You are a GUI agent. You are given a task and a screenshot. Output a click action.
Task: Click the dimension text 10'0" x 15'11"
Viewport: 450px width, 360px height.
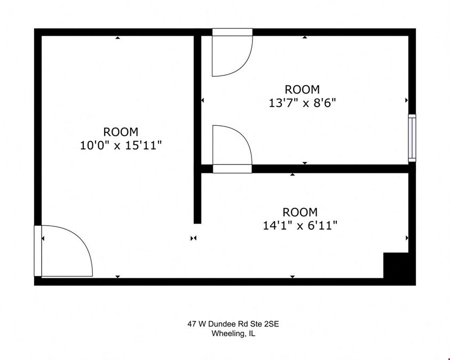(x=121, y=145)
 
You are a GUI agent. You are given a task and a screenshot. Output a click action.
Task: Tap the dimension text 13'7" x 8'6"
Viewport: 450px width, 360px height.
(x=302, y=102)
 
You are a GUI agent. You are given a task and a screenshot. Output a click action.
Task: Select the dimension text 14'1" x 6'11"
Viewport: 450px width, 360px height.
(x=300, y=225)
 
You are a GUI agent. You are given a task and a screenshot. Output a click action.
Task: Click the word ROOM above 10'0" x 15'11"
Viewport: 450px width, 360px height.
(x=121, y=132)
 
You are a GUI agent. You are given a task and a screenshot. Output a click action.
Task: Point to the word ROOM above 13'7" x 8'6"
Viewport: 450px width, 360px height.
(x=302, y=90)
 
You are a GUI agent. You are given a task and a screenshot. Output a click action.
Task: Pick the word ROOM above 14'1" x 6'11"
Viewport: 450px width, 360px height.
(x=300, y=212)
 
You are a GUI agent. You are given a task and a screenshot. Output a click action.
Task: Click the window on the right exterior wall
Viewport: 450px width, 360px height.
(x=412, y=138)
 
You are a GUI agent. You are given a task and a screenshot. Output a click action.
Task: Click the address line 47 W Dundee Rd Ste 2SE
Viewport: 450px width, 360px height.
(x=233, y=324)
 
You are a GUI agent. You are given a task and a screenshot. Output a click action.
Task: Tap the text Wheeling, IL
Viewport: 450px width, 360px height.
(x=233, y=334)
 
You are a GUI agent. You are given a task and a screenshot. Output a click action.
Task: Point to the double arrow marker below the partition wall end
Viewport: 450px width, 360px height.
(x=193, y=238)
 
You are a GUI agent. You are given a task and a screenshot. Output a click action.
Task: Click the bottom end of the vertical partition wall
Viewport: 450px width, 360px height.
(x=198, y=223)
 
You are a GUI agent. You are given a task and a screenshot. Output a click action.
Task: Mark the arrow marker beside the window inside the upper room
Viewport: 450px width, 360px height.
(x=406, y=100)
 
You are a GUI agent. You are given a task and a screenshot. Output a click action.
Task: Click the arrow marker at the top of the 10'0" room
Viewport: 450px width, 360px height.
(x=117, y=37)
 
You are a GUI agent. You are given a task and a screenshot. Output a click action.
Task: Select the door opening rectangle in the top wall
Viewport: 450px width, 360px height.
(x=232, y=32)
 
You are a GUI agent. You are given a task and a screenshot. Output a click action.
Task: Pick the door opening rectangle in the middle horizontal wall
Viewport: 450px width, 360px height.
(x=232, y=169)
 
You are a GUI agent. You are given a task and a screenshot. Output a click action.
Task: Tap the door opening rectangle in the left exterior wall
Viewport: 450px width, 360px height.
(x=38, y=251)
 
